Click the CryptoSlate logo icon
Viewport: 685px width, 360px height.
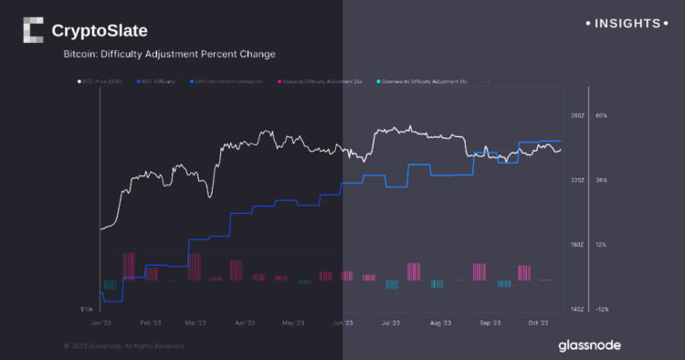(x=33, y=30)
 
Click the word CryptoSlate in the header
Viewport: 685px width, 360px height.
(x=100, y=30)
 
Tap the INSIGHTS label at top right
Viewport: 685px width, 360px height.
(x=627, y=22)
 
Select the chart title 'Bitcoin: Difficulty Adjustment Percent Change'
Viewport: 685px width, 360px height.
(x=169, y=55)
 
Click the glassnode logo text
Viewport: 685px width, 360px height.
(x=591, y=345)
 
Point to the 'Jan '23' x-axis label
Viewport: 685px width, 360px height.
(x=102, y=323)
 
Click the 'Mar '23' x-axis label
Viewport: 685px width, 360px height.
(x=195, y=323)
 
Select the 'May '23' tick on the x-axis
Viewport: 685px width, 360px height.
(x=292, y=323)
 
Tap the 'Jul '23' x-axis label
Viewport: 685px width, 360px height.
(x=391, y=323)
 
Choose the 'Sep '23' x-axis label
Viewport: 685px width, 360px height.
(x=490, y=323)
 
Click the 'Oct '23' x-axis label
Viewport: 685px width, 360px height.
(x=537, y=323)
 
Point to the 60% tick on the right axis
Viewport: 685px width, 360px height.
(x=601, y=116)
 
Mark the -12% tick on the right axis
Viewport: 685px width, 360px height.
(x=601, y=310)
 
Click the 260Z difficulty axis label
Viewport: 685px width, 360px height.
(x=576, y=116)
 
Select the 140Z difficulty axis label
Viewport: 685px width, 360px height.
(x=576, y=310)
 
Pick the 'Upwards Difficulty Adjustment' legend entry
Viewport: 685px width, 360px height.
(x=324, y=81)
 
